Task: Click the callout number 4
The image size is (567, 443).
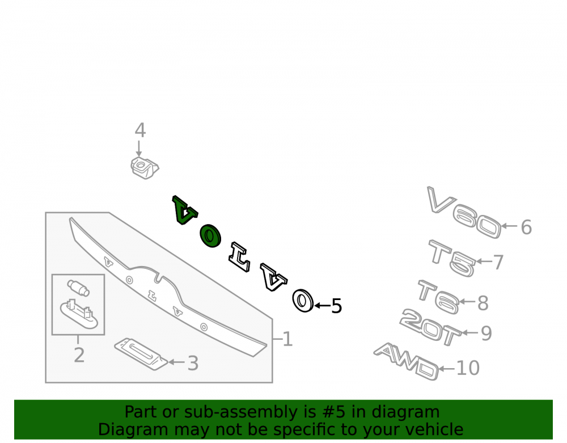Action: point(140,130)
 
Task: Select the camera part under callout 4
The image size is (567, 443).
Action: point(145,168)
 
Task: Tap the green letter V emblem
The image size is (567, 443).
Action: point(184,210)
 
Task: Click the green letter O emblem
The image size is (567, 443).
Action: point(210,236)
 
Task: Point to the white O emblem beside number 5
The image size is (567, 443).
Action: point(303,301)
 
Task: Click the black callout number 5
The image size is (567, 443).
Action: point(337,306)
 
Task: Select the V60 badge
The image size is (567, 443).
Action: point(464,213)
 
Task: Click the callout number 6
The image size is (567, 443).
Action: point(526,227)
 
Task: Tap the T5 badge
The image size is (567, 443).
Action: point(452,258)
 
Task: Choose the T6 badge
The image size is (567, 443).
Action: point(439,297)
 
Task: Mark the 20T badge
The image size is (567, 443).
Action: point(430,327)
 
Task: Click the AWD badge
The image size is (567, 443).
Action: point(407,361)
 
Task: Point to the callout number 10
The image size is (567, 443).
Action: point(468,368)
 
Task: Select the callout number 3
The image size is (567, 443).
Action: point(193,363)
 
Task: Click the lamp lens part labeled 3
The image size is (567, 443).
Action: point(141,354)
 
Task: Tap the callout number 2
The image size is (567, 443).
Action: point(79,355)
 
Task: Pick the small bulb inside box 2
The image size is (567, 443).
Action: point(78,288)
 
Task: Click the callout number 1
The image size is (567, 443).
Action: point(287,339)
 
